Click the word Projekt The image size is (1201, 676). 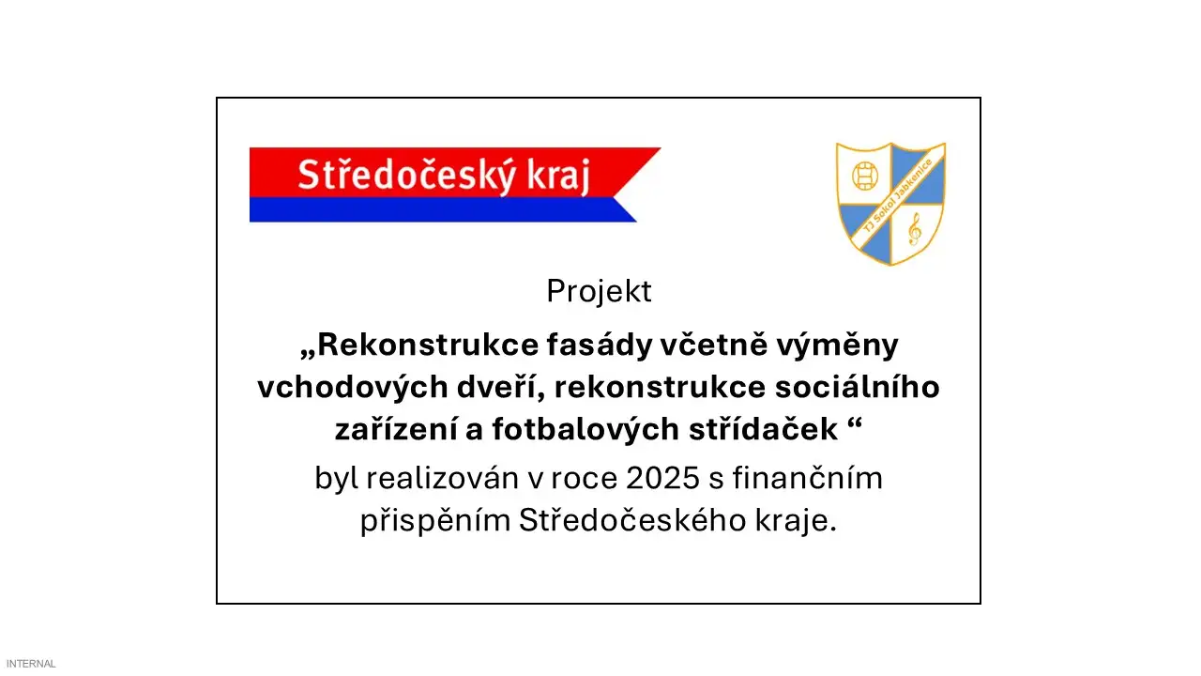(x=599, y=292)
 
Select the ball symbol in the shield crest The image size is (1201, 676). (x=863, y=175)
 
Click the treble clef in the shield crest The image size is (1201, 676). (x=914, y=228)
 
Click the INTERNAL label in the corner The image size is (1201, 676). (x=31, y=664)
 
